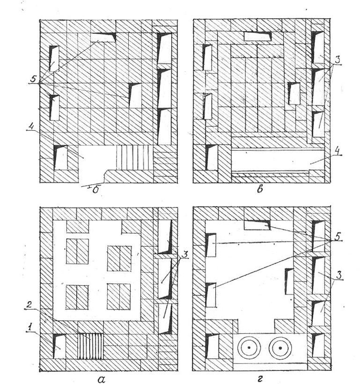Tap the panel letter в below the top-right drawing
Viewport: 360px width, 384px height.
pos(260,189)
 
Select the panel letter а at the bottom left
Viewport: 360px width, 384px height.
pos(101,379)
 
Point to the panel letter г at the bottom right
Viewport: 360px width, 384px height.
pos(260,379)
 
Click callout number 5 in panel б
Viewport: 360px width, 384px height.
pos(33,79)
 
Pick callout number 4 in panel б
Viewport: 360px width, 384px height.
pos(30,126)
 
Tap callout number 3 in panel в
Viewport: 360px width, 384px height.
pos(338,60)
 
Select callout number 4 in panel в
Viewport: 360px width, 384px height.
pos(338,151)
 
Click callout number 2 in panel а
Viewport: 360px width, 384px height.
pos(29,305)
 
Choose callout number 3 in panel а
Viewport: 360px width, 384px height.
pos(185,254)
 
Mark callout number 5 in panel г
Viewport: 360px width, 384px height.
pos(338,236)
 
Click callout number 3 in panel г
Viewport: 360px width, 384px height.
pos(338,275)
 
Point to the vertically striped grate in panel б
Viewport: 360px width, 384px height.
pos(134,157)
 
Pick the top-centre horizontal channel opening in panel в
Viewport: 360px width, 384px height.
pos(257,36)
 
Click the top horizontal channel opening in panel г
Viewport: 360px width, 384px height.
pos(257,225)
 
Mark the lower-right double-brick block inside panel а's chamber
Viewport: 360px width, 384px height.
pos(119,297)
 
